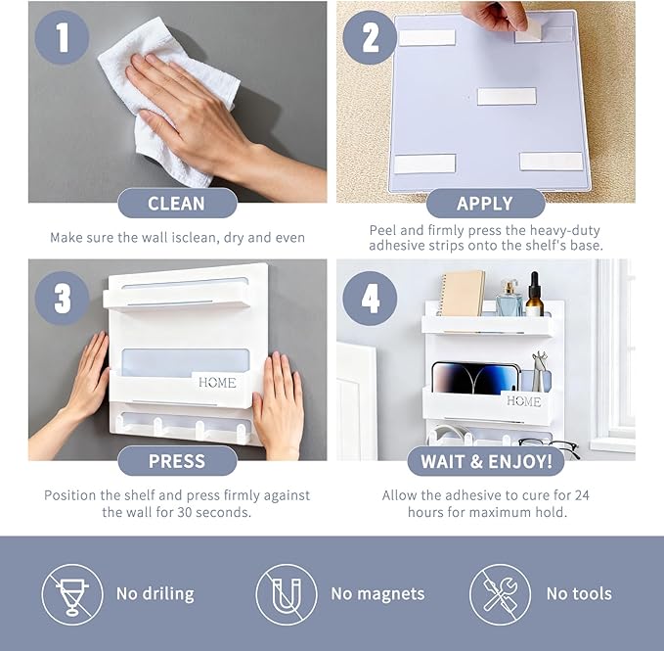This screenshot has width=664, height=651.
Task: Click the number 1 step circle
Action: [62, 37]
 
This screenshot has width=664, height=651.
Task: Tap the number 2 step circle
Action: [370, 37]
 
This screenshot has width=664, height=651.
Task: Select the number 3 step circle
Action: [62, 299]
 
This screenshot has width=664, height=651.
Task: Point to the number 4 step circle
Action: [370, 299]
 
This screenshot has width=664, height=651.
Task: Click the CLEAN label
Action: [177, 204]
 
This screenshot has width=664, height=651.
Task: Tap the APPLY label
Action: [485, 204]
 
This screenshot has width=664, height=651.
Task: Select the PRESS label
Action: [177, 461]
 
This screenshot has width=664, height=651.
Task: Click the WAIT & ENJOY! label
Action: [486, 461]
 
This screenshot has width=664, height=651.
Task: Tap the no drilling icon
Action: [72, 594]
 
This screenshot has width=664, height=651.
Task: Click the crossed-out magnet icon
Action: [287, 594]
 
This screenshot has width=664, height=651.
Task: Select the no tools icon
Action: [500, 594]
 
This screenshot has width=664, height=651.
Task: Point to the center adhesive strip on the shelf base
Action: [507, 96]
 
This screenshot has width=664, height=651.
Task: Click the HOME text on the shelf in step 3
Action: [217, 383]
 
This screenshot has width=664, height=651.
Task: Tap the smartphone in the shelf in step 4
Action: [475, 378]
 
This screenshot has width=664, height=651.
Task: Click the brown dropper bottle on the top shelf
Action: [534, 295]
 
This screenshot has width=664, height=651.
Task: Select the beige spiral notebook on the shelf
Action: [462, 294]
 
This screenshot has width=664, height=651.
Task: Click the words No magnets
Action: [377, 594]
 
